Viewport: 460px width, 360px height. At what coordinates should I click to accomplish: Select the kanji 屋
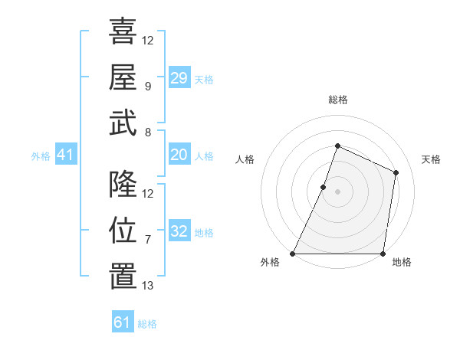(123, 77)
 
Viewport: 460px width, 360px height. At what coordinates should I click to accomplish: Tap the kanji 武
(123, 123)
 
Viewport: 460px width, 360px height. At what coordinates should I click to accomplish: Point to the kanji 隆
(123, 184)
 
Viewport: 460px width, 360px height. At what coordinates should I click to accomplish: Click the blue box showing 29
(179, 78)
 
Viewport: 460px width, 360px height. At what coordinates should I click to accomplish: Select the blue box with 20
(179, 155)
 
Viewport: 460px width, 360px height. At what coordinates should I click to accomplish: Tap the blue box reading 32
(179, 232)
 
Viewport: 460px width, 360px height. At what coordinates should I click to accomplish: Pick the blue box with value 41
(66, 155)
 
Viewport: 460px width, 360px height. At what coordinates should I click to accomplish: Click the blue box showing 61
(123, 322)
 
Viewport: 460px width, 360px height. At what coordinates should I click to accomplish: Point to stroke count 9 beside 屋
(147, 87)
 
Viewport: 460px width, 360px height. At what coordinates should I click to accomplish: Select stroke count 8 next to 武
(147, 133)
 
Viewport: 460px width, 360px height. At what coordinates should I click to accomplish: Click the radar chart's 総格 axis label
(338, 100)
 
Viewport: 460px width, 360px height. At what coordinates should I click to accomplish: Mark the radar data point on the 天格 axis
(396, 172)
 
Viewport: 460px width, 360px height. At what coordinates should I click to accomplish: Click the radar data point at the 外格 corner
(293, 254)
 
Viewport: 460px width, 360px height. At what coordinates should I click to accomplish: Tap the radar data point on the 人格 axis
(324, 187)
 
